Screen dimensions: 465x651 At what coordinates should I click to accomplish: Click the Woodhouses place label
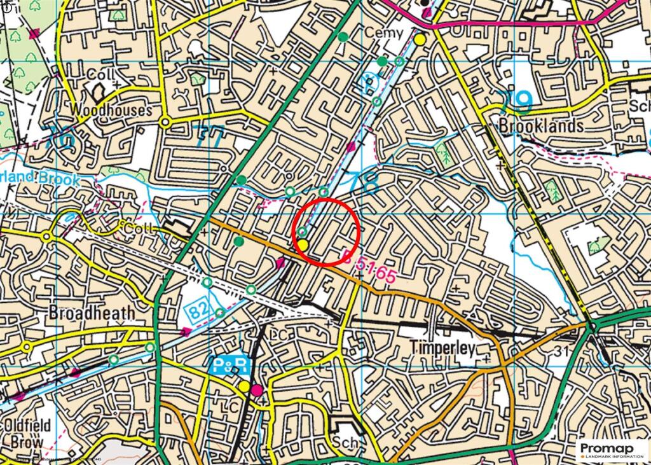(111, 110)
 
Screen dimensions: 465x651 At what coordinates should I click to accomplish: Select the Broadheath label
(92, 313)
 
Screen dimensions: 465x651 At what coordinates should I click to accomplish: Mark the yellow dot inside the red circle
(303, 245)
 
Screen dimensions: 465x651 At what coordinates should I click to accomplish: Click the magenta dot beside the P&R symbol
(257, 389)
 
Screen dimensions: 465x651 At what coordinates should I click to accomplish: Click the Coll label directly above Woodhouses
(100, 75)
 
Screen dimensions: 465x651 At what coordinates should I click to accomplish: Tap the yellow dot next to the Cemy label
(420, 39)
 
